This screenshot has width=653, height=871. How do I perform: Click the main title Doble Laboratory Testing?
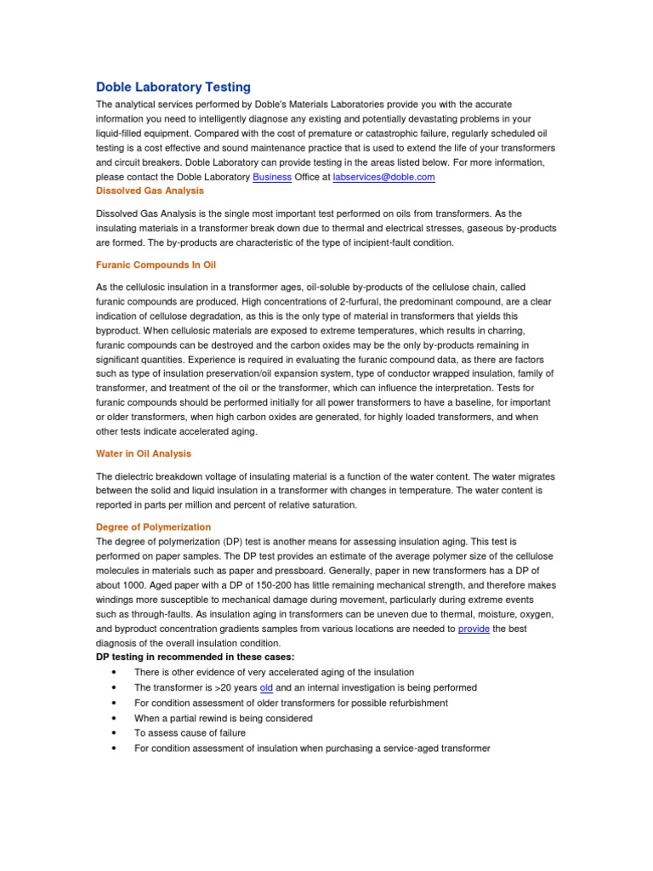[x=173, y=87]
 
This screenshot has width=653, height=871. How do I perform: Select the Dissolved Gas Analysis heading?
[x=150, y=191]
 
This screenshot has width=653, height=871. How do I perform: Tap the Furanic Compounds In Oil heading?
[x=156, y=265]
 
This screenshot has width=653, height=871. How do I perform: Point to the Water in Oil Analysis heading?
[x=144, y=453]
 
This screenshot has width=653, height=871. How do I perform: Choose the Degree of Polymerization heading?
[x=153, y=527]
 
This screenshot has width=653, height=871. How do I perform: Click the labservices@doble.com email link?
[x=383, y=177]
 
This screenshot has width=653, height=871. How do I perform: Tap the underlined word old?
[x=265, y=687]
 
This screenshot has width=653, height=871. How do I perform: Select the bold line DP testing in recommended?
[x=195, y=658]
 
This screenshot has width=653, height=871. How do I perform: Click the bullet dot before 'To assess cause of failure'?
[x=114, y=733]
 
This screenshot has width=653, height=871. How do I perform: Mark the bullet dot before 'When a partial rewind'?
[x=114, y=718]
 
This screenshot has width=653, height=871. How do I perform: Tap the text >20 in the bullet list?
[x=223, y=687]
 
